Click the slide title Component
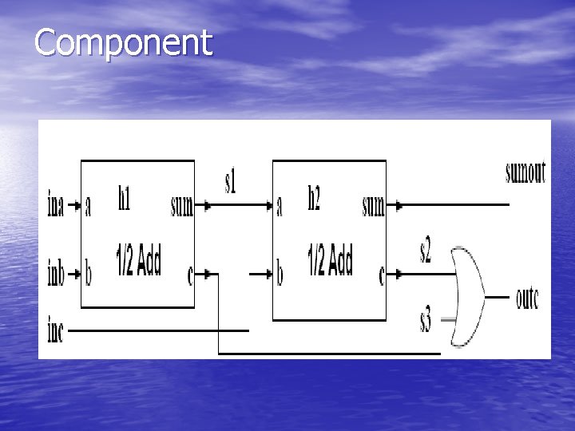point(124,43)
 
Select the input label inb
point(55,275)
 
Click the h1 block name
point(125,199)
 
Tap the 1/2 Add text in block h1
point(138,262)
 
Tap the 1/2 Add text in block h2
point(330,262)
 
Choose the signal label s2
point(426,252)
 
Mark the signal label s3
point(426,322)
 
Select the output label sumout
point(525,172)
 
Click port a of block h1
point(88,207)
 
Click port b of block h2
point(280,275)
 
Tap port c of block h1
point(189,276)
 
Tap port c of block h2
point(381,276)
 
